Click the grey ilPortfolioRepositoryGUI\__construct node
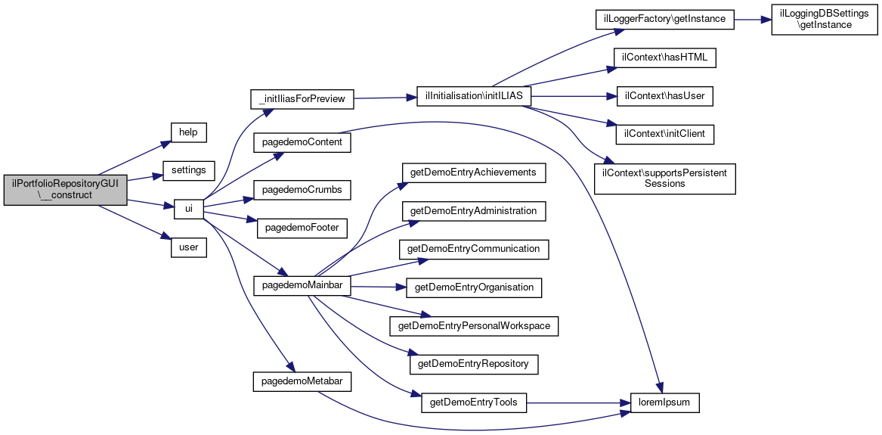pos(66,190)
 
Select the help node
pos(188,132)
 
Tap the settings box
pos(188,169)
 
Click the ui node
pos(188,209)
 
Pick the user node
pos(188,247)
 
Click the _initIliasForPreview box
pos(302,99)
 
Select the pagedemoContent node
pos(302,142)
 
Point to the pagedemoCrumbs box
pos(302,190)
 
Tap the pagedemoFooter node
pos(302,228)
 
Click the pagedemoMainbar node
pos(302,286)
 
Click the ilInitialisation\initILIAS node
pos(474,96)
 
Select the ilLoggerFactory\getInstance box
pos(664,20)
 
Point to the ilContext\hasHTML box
pos(664,58)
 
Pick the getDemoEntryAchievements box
pos(474,172)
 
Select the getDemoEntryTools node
pos(474,403)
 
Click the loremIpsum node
pos(664,403)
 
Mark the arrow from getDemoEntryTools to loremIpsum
pos(578,403)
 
